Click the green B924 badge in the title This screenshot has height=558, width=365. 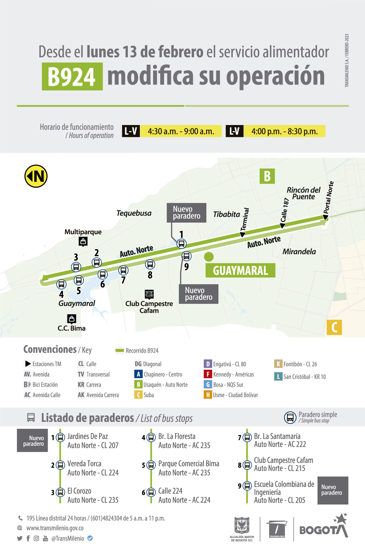coord(72,76)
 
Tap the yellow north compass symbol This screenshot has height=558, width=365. coord(36,176)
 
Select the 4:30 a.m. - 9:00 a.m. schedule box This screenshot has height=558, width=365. coord(181,131)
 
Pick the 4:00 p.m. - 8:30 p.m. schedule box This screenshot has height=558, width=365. coord(284,131)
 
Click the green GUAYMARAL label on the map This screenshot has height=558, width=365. coord(240,270)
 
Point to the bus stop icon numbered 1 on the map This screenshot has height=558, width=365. coord(181,243)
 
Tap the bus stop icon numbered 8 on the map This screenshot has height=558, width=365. coord(150,264)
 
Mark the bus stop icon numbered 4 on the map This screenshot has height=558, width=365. coord(61,284)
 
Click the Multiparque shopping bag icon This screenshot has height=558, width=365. coord(83,241)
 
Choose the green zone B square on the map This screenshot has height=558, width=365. coord(267,176)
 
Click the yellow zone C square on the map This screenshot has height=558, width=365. coord(334,327)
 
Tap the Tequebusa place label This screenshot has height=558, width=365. coord(134,213)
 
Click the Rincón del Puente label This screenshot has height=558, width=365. coord(304,193)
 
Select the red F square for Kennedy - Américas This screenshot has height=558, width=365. coord(208,374)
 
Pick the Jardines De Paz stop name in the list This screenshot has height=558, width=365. coord(88,436)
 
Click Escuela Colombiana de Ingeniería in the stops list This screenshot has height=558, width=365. coord(284,488)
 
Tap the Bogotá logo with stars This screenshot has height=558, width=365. coord(324,527)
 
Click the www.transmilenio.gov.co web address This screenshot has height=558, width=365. coord(55,528)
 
